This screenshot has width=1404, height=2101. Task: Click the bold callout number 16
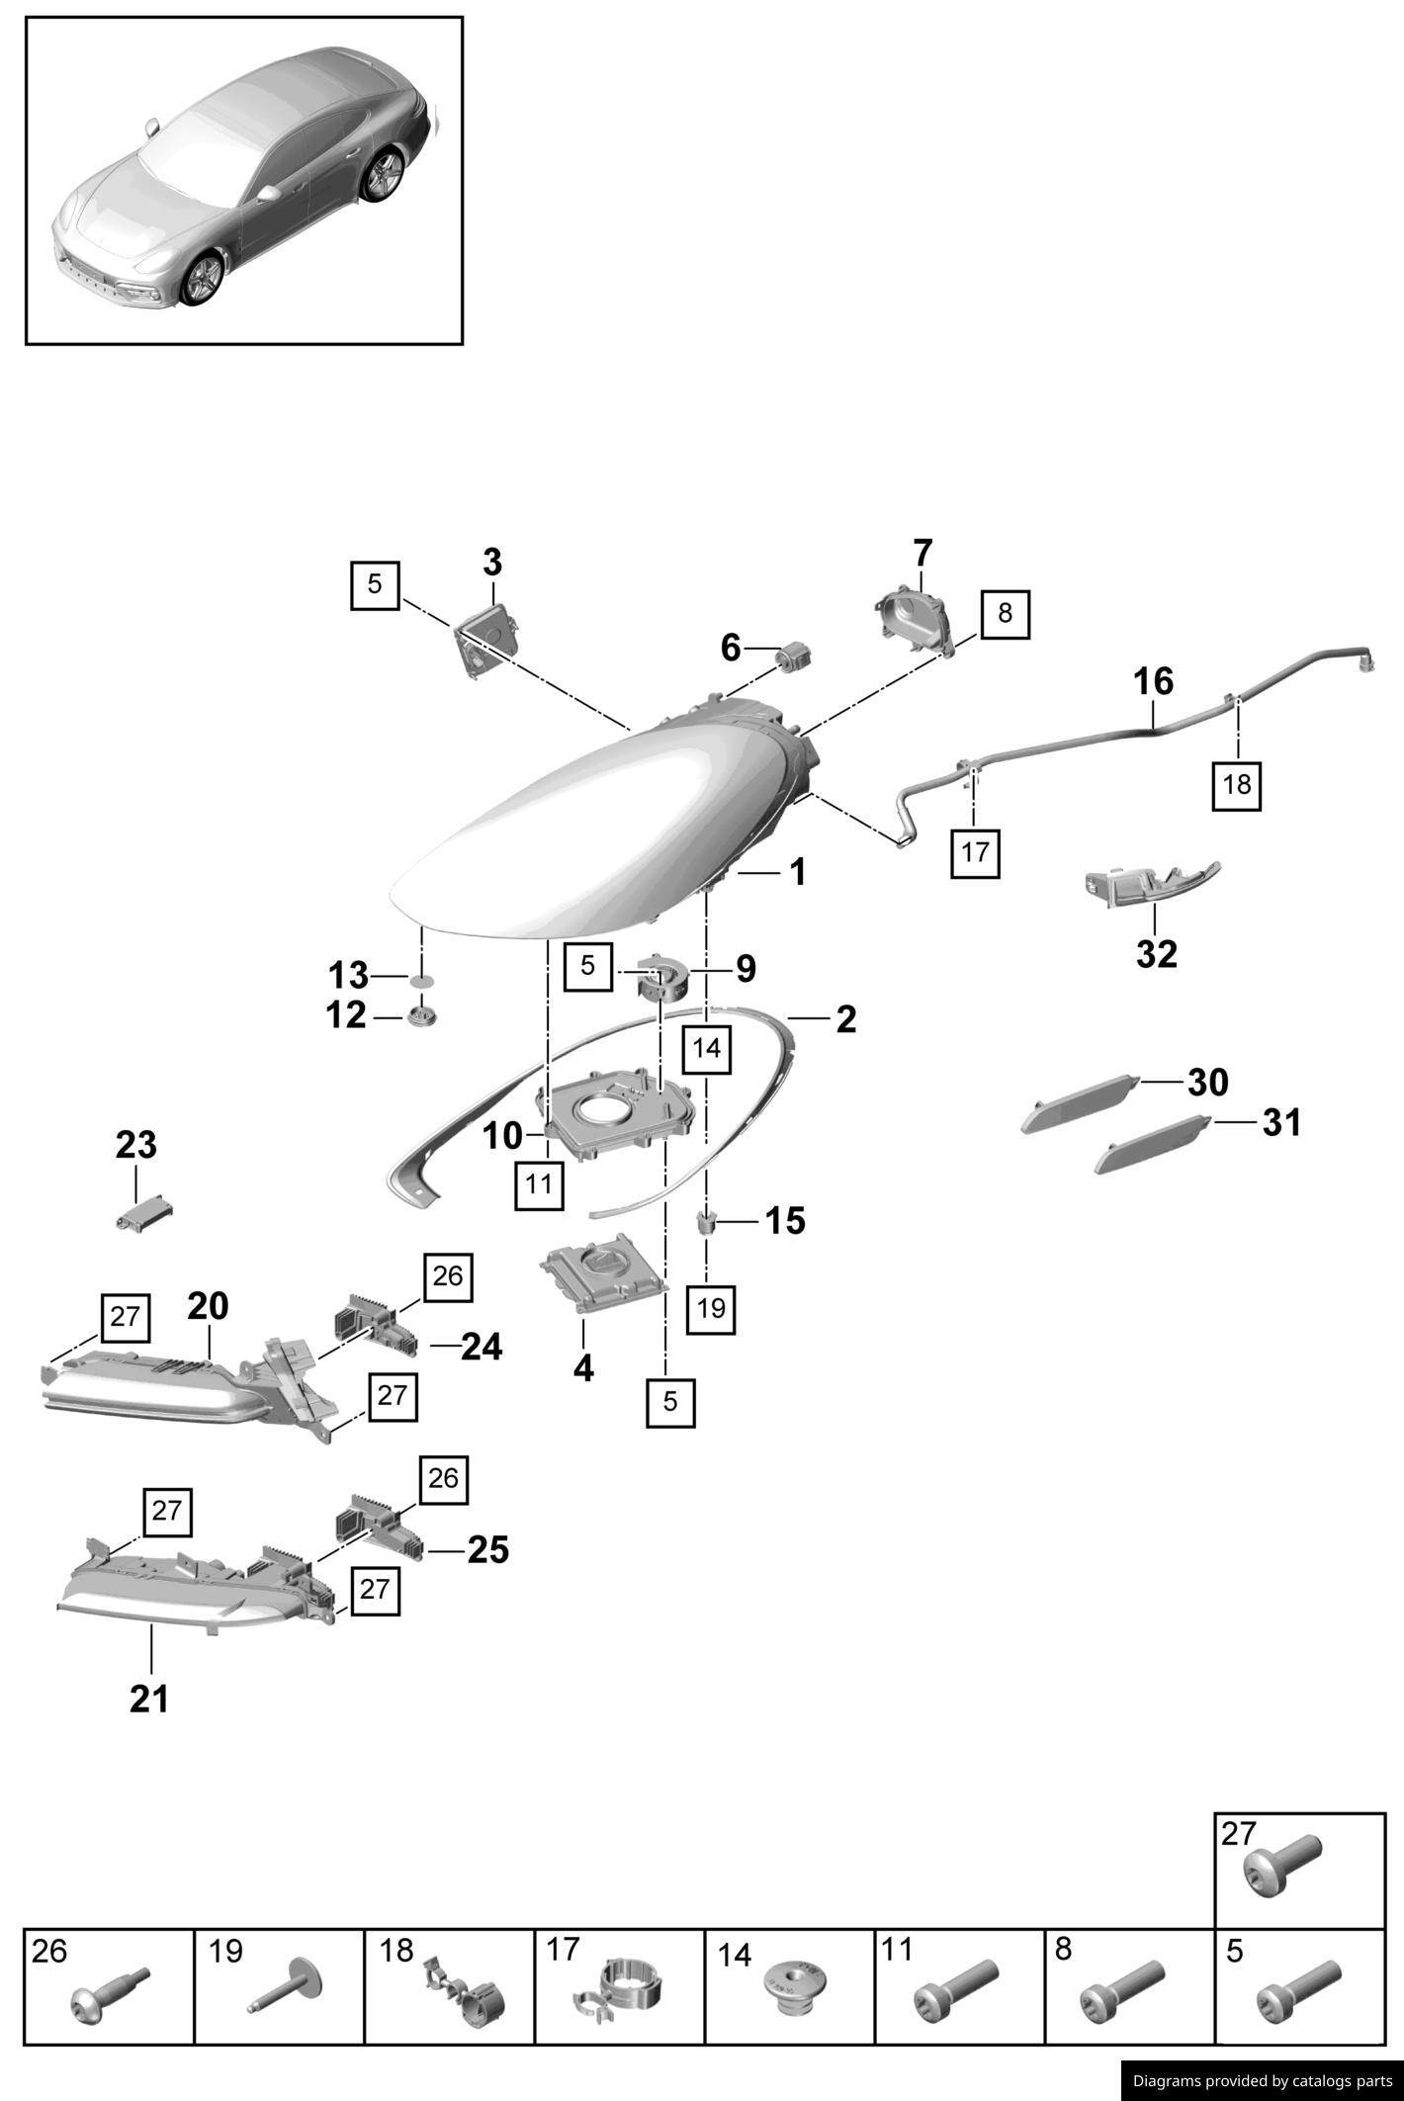1153,681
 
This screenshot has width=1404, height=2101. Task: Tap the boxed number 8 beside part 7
1005,613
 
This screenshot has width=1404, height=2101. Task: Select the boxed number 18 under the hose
1237,784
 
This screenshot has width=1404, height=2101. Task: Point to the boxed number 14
707,1048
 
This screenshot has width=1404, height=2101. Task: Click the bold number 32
1157,954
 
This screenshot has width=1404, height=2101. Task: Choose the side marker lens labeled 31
1153,1144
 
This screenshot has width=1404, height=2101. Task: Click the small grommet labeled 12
422,1015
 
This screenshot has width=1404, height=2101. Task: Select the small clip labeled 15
707,1222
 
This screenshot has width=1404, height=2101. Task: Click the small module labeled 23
144,1213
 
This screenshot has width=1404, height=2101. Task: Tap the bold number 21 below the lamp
149,1699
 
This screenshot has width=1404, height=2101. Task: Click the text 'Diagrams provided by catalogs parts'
1262,2080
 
